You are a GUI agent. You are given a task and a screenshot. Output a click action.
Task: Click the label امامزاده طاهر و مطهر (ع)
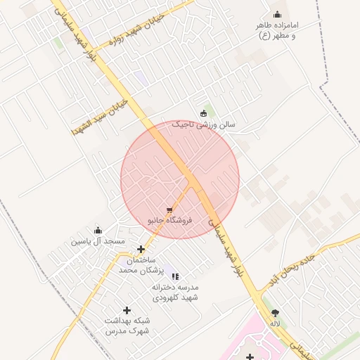pyautogui.click(x=276, y=30)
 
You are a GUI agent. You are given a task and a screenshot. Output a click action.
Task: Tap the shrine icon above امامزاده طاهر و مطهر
pyautogui.click(x=277, y=15)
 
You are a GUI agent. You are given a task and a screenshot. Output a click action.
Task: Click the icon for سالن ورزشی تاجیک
pyautogui.click(x=204, y=113)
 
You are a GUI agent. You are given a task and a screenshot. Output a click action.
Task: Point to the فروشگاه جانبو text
pyautogui.click(x=169, y=220)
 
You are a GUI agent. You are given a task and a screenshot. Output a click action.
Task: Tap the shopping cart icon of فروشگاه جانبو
pyautogui.click(x=169, y=210)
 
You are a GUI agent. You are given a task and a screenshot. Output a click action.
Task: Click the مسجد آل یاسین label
pyautogui.click(x=98, y=241)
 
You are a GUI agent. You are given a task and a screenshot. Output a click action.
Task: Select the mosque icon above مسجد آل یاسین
pyautogui.click(x=98, y=230)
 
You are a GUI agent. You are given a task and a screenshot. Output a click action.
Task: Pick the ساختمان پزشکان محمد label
pyautogui.click(x=141, y=265)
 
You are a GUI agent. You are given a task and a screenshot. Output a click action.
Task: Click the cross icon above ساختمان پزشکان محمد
pyautogui.click(x=141, y=249)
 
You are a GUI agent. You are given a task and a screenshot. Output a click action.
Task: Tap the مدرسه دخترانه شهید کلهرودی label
pyautogui.click(x=175, y=292)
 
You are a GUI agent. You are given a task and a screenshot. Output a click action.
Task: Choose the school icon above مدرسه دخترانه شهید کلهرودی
pyautogui.click(x=175, y=277)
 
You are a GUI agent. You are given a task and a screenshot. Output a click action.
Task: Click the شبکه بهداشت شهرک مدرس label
pyautogui.click(x=127, y=325)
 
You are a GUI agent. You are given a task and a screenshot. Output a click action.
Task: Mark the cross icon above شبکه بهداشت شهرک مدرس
pyautogui.click(x=127, y=310)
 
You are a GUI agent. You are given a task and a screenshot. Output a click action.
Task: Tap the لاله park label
pyautogui.click(x=275, y=323)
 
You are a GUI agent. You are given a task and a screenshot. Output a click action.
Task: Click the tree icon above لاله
pyautogui.click(x=275, y=314)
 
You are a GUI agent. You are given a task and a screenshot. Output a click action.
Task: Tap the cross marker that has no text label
pyautogui.click(x=250, y=356)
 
